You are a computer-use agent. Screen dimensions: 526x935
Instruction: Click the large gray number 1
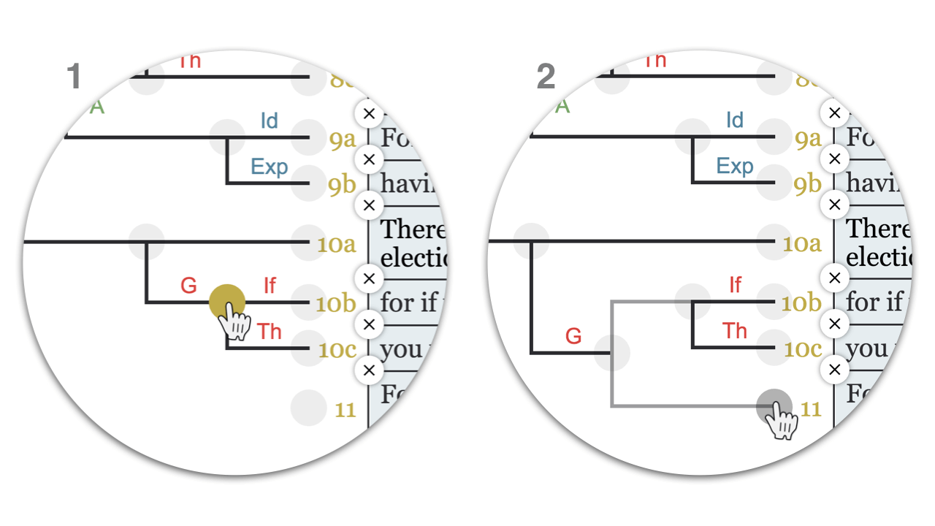click(73, 77)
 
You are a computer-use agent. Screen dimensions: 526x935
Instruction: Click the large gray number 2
click(546, 77)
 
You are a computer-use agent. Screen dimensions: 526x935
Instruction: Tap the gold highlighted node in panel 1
click(226, 302)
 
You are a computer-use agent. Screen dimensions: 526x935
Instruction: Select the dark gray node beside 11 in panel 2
click(774, 407)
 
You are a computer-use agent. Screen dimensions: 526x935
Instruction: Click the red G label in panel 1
click(188, 286)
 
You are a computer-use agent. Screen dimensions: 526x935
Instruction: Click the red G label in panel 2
click(573, 336)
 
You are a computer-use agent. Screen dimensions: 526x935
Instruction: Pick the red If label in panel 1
click(270, 286)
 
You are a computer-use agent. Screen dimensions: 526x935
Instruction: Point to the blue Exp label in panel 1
click(269, 167)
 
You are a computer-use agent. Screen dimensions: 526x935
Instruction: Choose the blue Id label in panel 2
click(735, 121)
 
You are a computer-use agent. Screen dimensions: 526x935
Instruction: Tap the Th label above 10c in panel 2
click(735, 331)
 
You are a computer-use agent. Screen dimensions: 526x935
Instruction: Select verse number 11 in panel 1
click(345, 410)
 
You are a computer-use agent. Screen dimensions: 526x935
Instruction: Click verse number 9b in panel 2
click(807, 185)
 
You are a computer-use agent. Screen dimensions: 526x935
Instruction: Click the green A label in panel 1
click(97, 107)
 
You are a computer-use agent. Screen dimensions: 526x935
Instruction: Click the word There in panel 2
click(877, 229)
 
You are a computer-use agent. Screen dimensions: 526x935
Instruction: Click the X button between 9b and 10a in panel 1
click(369, 205)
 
